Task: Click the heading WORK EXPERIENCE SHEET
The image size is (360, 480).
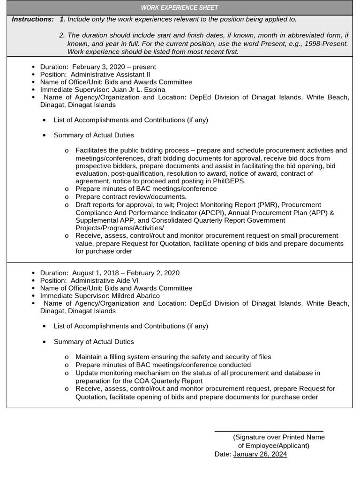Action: [x=180, y=7]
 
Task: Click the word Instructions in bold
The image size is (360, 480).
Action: [x=32, y=19]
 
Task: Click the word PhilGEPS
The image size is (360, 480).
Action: [x=229, y=181]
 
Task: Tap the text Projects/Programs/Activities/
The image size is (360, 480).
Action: [x=120, y=227]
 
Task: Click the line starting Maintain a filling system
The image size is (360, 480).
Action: [x=173, y=357]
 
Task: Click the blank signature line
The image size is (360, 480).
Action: [x=269, y=430]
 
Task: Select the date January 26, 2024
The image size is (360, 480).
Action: [x=260, y=454]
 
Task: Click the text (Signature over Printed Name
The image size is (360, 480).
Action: [x=278, y=437]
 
